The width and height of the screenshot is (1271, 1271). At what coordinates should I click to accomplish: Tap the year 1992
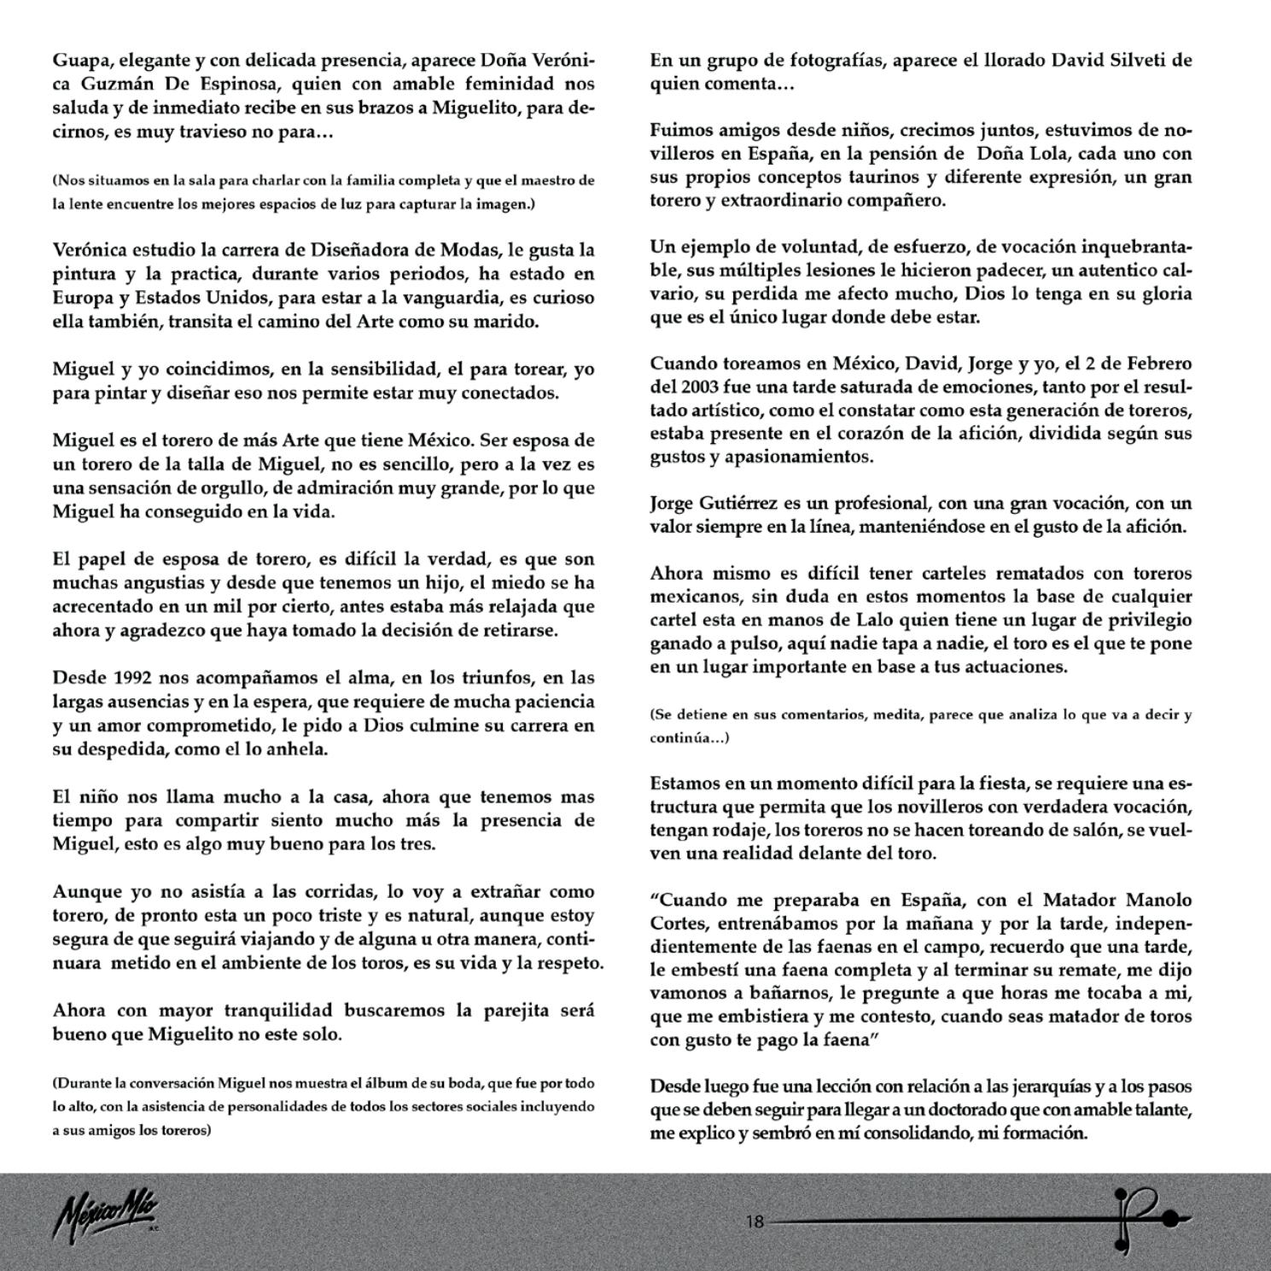(133, 678)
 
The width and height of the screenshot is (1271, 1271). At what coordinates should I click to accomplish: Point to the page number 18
(755, 1221)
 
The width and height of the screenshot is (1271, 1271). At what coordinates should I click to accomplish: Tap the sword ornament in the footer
(1144, 1220)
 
